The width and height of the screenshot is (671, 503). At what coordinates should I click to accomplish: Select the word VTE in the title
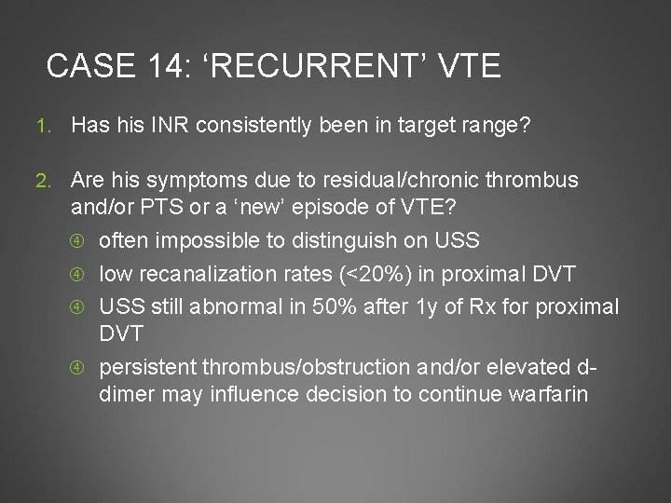pyautogui.click(x=467, y=66)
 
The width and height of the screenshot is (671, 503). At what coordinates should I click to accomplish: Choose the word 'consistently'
pyautogui.click(x=265, y=124)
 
